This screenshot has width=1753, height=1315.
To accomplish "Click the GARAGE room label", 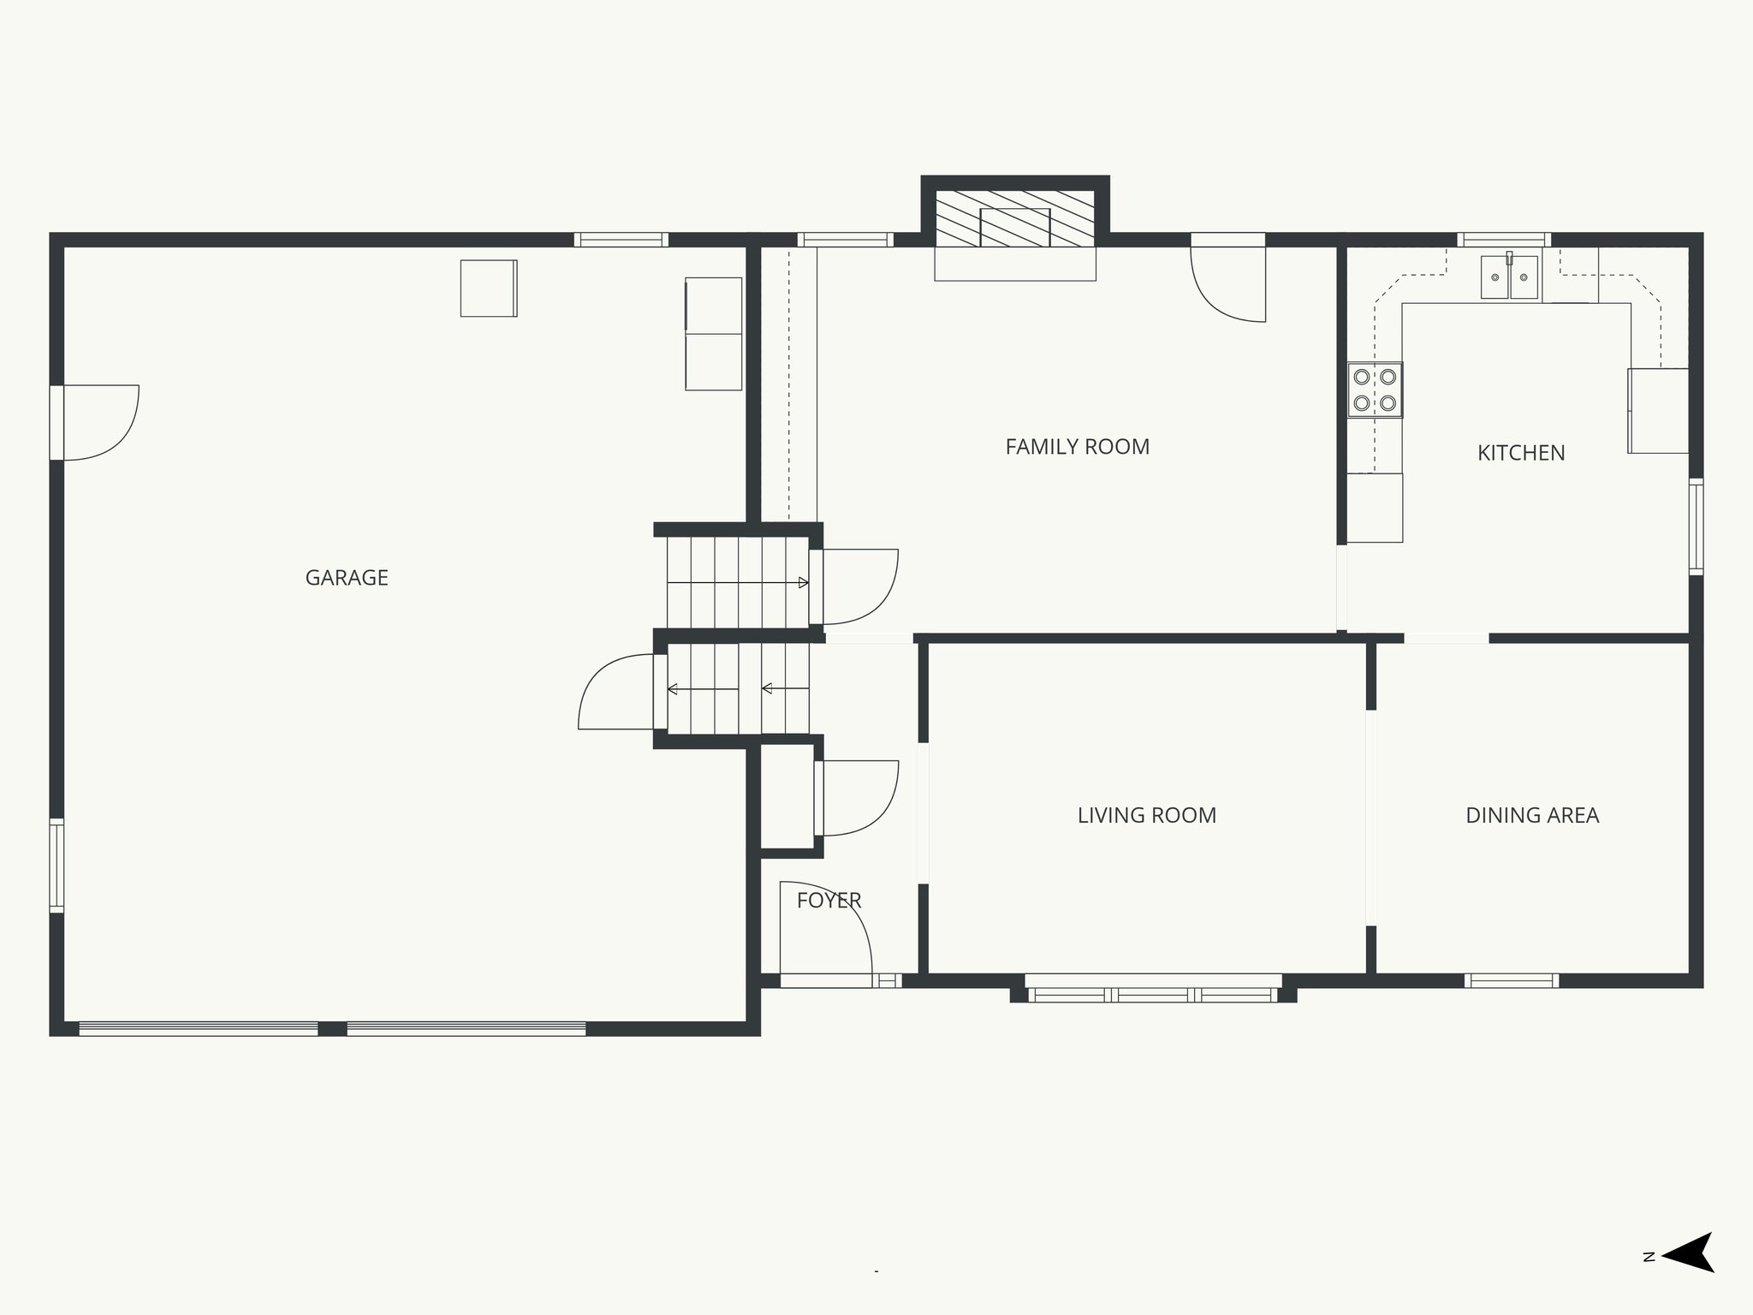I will pos(347,578).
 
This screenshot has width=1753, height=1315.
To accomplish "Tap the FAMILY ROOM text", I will pos(1077,447).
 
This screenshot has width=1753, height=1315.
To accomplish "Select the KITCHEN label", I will pos(1521,453).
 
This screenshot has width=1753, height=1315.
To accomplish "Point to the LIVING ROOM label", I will pos(1146,815).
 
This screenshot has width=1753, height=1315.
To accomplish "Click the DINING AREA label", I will pos(1532,815).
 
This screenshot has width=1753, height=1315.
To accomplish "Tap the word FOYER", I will pos(829,901).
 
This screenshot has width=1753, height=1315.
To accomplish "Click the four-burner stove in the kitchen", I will pos(1375,390).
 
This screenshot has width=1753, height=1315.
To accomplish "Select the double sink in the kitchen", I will pos(1510,277).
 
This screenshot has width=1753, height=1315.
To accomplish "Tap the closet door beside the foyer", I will pos(856,798).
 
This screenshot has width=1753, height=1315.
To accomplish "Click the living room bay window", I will pos(1152,994).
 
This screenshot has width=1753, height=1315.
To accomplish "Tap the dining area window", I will pos(1511,981).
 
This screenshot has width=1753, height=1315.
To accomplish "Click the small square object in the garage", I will pos(489,289).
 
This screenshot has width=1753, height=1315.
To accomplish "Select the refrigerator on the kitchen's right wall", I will pos(1658,411).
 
